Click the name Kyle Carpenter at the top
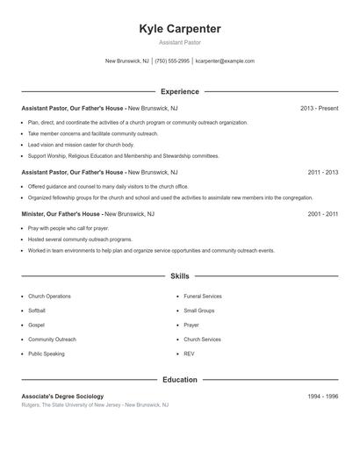[180, 29]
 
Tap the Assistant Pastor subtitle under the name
[180, 42]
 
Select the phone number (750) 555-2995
[173, 61]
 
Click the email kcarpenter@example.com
[225, 61]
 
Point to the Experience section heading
[180, 91]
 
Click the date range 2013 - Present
[319, 108]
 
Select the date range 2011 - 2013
[323, 173]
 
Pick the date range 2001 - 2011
[323, 213]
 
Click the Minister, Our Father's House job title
[61, 213]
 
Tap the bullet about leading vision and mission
[81, 144]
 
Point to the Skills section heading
[180, 275]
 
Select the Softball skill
[37, 311]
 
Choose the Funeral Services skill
[203, 297]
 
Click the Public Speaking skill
[47, 353]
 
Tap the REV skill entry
[189, 353]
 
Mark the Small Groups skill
[199, 311]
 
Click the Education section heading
[180, 380]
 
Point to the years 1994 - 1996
[323, 397]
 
